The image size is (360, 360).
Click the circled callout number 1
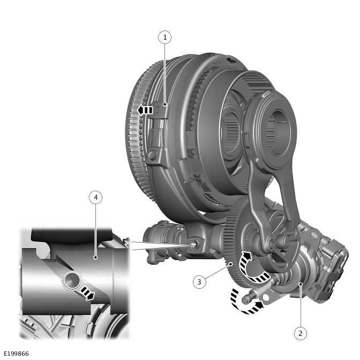[164, 37]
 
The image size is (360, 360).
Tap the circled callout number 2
[301, 333]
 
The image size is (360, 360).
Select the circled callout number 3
[199, 282]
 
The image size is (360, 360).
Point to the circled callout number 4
[95, 198]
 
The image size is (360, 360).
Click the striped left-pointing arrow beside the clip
[145, 110]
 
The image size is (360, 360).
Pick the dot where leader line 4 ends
[95, 258]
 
